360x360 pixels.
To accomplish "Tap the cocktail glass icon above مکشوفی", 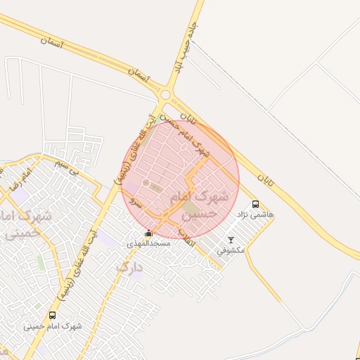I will coord(231,240).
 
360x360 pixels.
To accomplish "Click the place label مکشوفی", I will coord(231,250).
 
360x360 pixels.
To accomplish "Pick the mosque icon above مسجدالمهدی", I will coord(148,233).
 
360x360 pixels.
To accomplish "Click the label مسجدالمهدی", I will coord(147,243).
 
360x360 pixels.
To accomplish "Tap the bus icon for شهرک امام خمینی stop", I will coord(52,316).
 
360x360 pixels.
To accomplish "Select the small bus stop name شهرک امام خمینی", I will coord(53,326).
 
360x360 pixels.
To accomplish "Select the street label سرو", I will coord(137,204).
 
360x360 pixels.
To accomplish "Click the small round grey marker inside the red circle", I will coord(146,183).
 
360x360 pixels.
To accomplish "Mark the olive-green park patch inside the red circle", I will coord(191,208).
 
